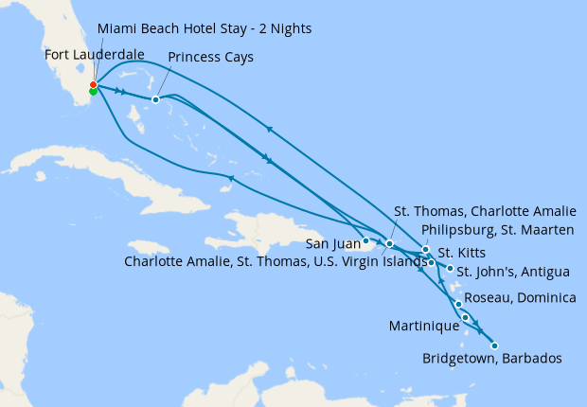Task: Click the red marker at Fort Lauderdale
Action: [93, 85]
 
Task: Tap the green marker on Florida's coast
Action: [93, 92]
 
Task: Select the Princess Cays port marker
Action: [155, 99]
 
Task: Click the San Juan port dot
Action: [366, 241]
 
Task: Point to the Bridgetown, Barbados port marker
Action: [494, 345]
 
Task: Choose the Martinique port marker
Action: [465, 317]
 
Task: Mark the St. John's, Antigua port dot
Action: [449, 270]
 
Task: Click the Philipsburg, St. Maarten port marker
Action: [426, 250]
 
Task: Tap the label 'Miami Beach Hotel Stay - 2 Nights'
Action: [205, 29]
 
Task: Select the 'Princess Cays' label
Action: [210, 58]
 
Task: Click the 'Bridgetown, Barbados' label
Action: [492, 359]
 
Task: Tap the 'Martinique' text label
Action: [424, 326]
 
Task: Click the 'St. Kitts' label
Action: [464, 255]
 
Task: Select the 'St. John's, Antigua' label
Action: [514, 273]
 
